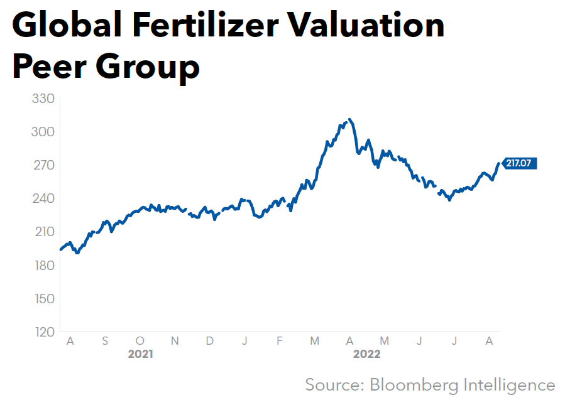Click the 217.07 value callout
[x=519, y=163]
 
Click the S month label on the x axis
[x=105, y=340]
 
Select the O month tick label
[x=140, y=340]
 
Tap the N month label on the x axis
[x=175, y=340]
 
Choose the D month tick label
[x=210, y=340]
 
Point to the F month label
[x=280, y=340]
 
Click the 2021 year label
[x=140, y=354]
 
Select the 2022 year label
[x=366, y=354]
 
